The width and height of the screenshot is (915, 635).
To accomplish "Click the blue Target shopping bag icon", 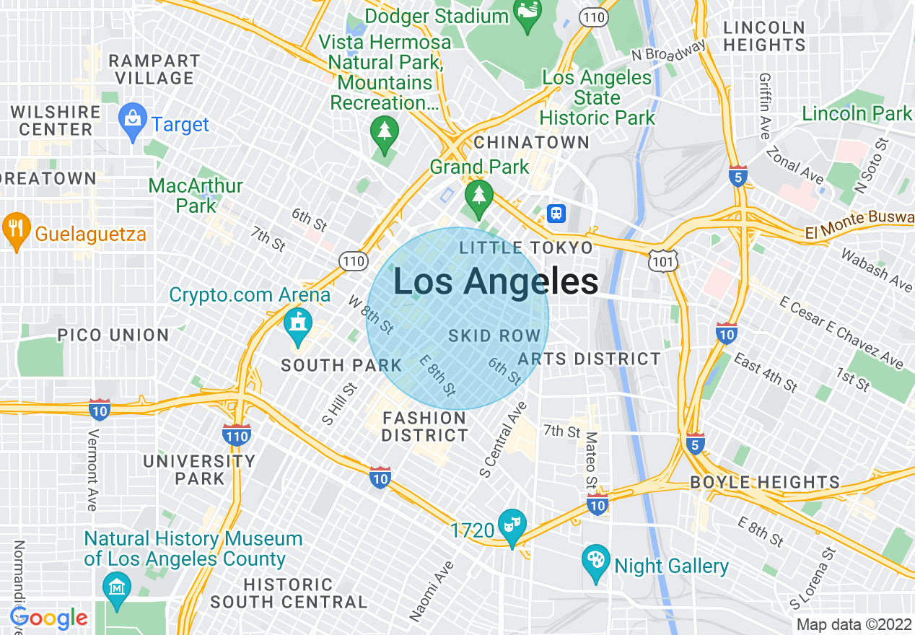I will point(133,123).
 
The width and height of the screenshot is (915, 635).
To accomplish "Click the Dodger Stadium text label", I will point(437,15).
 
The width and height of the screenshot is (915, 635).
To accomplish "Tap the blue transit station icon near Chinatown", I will point(556,214).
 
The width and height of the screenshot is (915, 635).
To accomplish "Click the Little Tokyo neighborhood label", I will point(526,248).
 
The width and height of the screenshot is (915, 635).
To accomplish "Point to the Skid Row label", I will point(494,336).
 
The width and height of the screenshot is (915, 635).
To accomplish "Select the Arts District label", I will point(590,359).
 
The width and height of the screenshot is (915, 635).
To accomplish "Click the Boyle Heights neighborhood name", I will point(765,482).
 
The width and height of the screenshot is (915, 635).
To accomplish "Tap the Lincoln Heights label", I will point(764,36).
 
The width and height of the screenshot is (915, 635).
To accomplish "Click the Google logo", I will point(48,618).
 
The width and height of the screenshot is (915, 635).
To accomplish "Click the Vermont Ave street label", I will point(92,470).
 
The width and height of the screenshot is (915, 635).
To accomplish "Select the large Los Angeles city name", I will point(496,281).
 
